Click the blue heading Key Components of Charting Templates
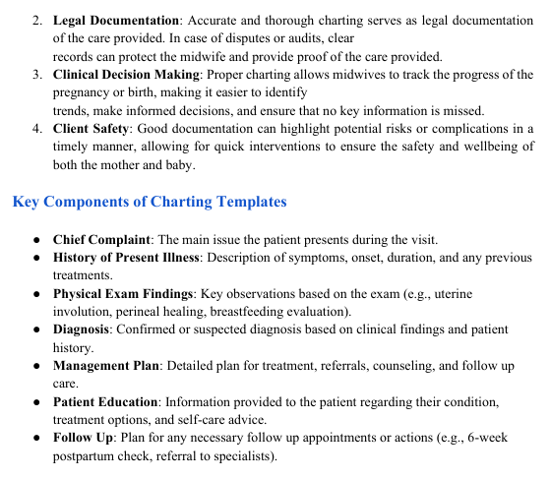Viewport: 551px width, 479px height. (150, 203)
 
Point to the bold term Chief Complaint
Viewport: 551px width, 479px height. (101, 239)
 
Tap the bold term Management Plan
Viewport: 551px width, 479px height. (106, 366)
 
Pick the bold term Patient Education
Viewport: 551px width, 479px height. (105, 402)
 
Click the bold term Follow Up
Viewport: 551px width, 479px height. (83, 439)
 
